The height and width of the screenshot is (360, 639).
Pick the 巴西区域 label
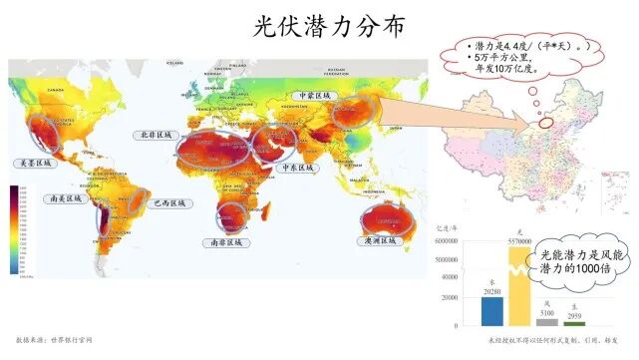click(x=167, y=203)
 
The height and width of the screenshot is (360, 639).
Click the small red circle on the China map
click(x=545, y=123)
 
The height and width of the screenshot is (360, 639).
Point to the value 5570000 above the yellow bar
click(x=519, y=242)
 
